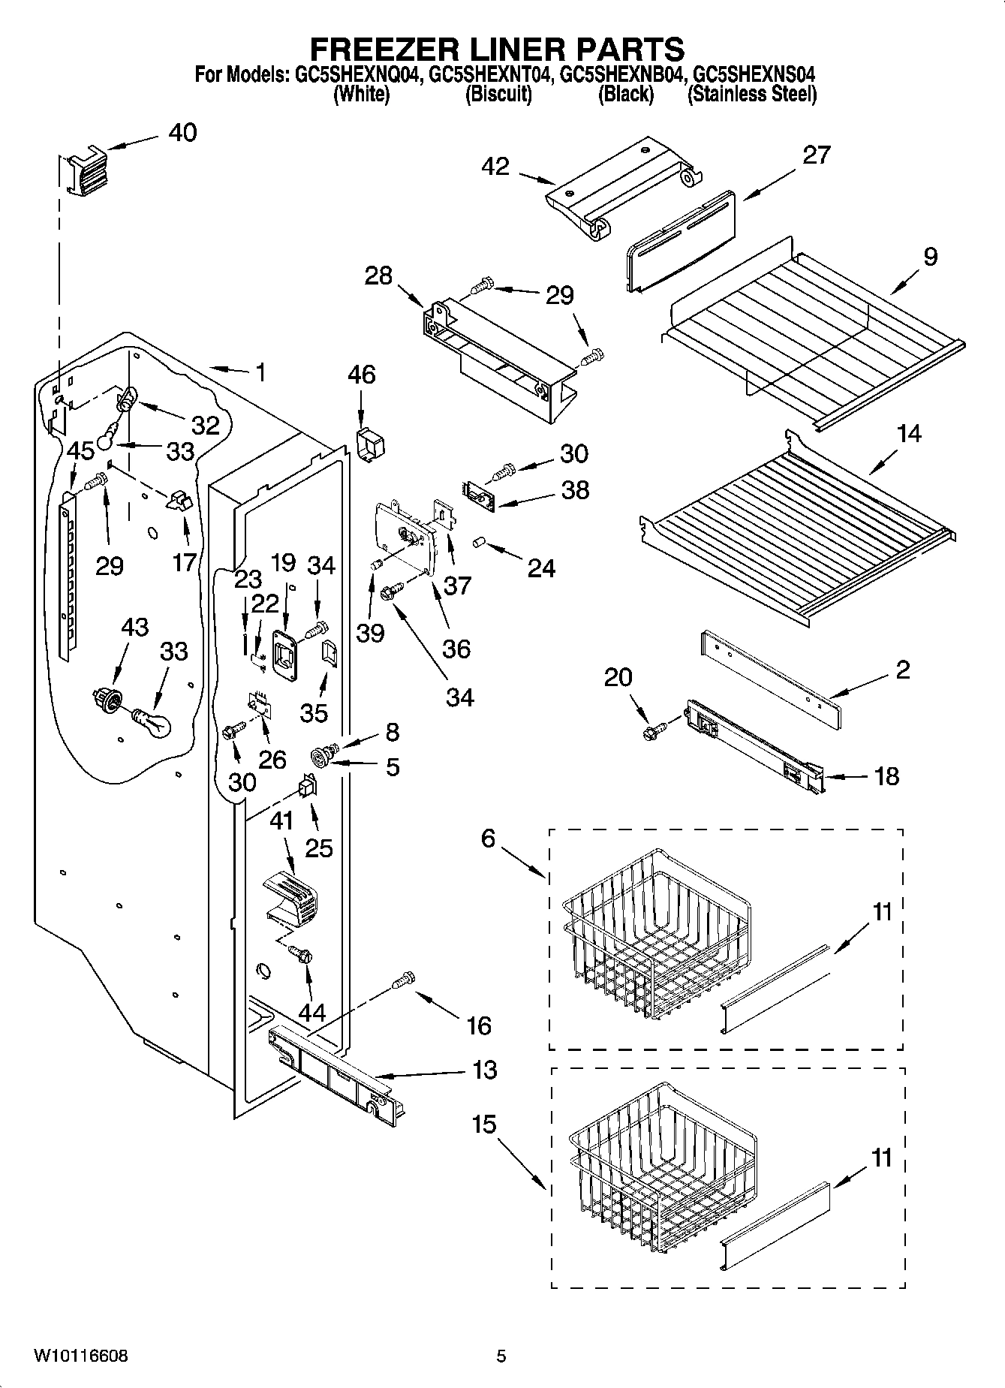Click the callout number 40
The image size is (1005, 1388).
click(x=182, y=133)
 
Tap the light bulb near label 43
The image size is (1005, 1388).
click(x=154, y=722)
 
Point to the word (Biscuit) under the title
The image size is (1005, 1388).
click(x=498, y=95)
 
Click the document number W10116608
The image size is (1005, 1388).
click(x=80, y=1356)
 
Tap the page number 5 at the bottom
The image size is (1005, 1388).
click(x=501, y=1356)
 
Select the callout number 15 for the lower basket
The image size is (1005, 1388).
click(x=485, y=1125)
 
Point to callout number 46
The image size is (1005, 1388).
click(x=362, y=375)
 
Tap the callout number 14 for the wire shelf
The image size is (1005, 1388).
click(x=909, y=434)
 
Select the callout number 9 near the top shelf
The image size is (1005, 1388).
click(x=930, y=257)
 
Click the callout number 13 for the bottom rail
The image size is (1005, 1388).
click(x=486, y=1070)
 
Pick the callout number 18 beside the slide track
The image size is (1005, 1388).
click(x=887, y=776)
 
